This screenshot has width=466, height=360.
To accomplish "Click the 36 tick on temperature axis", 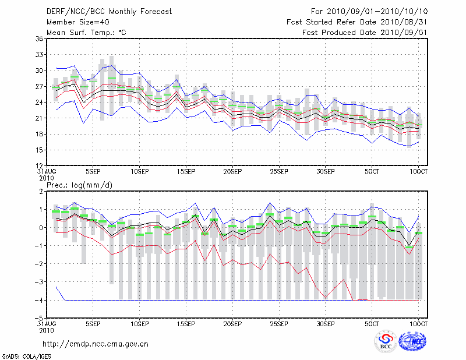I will pyautogui.click(x=39, y=38).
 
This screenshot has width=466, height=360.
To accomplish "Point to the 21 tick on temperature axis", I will pyautogui.click(x=39, y=118).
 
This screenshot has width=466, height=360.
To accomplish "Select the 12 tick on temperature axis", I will pyautogui.click(x=39, y=166).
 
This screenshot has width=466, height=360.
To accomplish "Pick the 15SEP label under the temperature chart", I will pyautogui.click(x=186, y=172).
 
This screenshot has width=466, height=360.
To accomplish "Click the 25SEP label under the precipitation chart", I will pyautogui.click(x=279, y=324).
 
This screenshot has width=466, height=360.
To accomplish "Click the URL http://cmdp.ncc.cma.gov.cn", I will pyautogui.click(x=96, y=344).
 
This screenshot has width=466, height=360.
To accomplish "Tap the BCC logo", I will pyautogui.click(x=386, y=342).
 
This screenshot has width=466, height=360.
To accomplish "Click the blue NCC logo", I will pyautogui.click(x=412, y=342).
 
